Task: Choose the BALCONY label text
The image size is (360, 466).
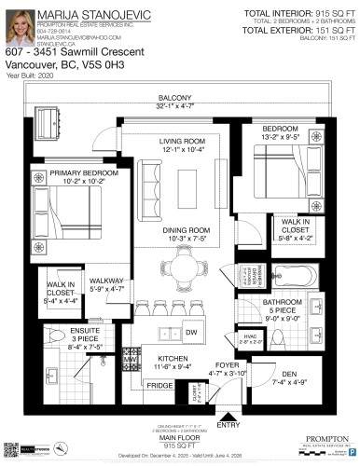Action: click(x=174, y=97)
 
